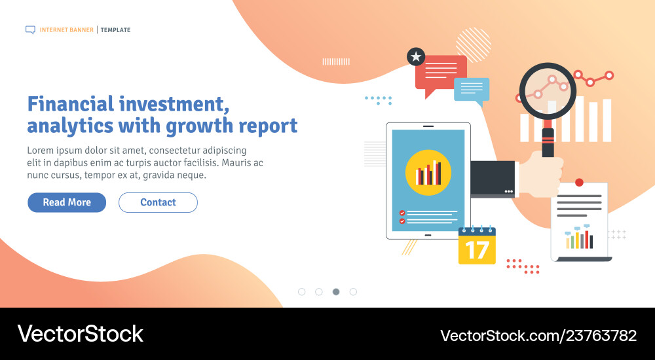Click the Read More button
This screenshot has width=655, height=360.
tap(67, 202)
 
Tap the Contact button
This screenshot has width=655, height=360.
tap(158, 202)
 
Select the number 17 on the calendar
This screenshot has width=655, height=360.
tap(477, 250)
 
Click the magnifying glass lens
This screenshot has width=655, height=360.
tap(548, 92)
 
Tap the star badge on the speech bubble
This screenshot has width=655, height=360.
tap(416, 57)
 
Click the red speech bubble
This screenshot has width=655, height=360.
tap(441, 71)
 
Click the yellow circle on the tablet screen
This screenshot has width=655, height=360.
tap(428, 172)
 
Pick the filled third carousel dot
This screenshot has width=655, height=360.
tap(336, 291)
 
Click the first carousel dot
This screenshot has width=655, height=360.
tap(302, 291)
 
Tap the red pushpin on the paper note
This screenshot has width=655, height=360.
tap(579, 183)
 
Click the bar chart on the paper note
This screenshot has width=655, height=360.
tap(579, 238)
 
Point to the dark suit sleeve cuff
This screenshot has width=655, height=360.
tap(495, 178)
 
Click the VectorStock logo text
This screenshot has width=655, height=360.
tap(81, 334)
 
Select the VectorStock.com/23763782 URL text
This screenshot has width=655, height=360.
tap(538, 336)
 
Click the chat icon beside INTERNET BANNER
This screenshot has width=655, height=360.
tap(30, 29)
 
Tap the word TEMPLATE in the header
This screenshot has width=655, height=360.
tap(115, 30)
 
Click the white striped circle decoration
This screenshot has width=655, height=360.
tap(474, 45)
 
